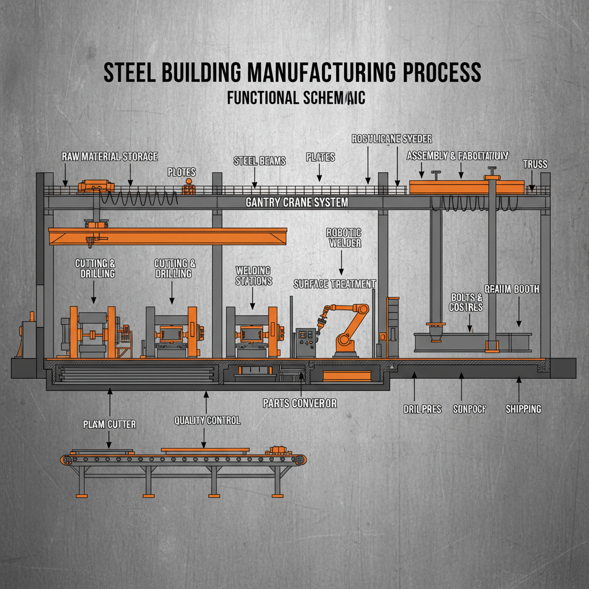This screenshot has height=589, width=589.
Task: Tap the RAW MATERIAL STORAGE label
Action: [109, 156]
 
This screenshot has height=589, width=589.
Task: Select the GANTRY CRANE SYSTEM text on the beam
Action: [296, 203]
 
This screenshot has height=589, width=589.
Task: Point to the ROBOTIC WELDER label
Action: [343, 238]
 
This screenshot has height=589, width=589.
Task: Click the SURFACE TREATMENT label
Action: [334, 284]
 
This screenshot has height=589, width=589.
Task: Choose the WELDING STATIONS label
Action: [253, 276]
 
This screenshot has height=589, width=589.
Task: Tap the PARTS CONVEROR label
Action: [299, 403]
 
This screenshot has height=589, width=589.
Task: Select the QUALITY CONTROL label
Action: [207, 420]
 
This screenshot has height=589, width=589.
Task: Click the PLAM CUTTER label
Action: [109, 424]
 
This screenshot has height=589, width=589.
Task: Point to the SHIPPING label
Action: [523, 409]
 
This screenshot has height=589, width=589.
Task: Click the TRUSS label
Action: [535, 164]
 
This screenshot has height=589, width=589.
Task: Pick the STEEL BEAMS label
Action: [259, 161]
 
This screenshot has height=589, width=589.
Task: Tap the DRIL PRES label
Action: [422, 409]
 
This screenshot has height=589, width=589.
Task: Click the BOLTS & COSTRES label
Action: [466, 302]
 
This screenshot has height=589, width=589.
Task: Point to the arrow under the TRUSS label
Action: [532, 183]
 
